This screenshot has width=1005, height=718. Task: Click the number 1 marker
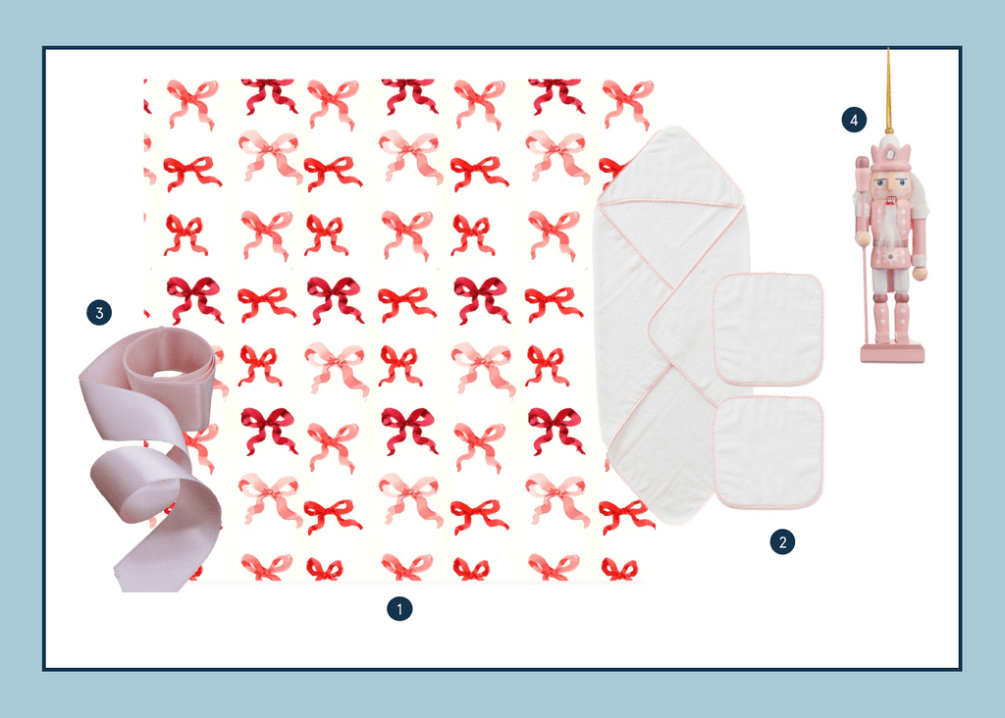click(399, 609)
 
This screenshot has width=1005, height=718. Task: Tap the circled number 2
click(782, 541)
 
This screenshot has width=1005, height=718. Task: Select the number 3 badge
click(99, 313)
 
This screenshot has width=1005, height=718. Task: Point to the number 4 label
click(854, 120)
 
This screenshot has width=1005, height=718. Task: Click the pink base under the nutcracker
click(892, 353)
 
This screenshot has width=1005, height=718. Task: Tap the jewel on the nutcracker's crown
click(891, 156)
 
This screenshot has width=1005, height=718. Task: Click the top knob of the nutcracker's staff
click(862, 165)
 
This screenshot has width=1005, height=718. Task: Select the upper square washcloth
click(767, 330)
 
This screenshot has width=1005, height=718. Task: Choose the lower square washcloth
click(768, 452)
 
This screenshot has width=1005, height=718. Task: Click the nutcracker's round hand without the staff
click(921, 274)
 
